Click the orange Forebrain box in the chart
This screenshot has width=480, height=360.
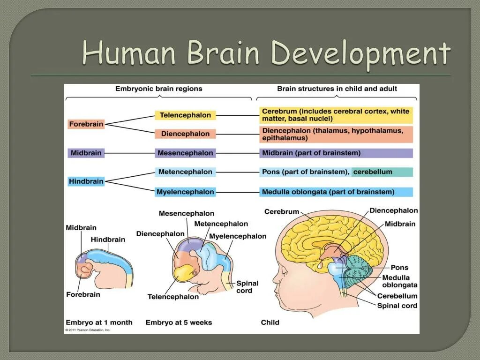coord(86,124)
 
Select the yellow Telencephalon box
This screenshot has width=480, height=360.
coord(186,115)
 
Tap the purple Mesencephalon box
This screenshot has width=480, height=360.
coord(185,153)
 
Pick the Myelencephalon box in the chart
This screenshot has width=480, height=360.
coord(186,192)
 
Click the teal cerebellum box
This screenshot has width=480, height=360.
coord(382,172)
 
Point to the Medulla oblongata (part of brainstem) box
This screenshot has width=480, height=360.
coord(336,192)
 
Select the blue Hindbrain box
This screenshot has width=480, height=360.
coord(86,181)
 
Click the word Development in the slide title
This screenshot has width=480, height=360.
coord(361,53)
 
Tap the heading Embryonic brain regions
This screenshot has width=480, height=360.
coord(159,89)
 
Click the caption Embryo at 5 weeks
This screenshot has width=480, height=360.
coord(179,322)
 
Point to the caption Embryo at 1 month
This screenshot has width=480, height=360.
coord(99,322)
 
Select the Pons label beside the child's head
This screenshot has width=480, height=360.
coord(399,267)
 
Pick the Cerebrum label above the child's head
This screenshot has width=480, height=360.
coord(282,212)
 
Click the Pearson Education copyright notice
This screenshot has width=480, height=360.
coord(88,330)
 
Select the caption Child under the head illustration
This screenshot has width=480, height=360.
coord(270,322)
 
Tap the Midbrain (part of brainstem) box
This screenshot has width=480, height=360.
coord(336,153)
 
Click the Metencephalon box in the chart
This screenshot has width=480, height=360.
coord(185,172)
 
